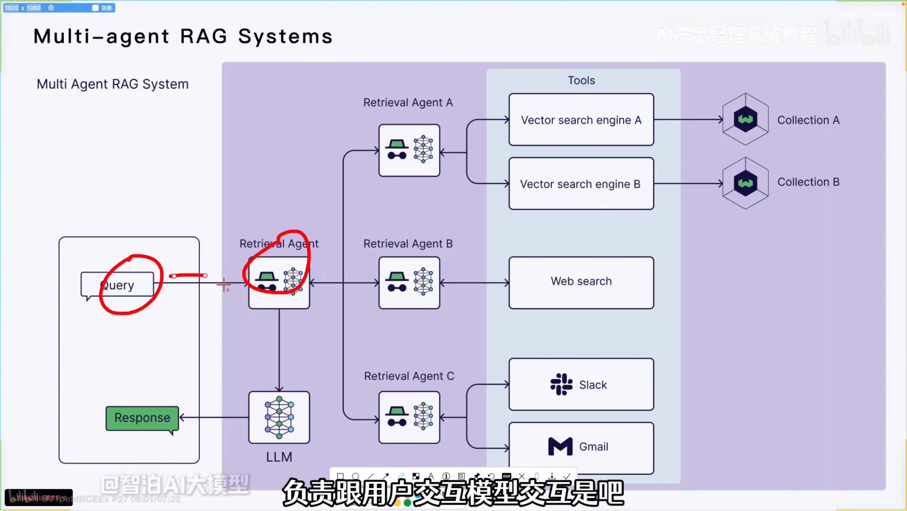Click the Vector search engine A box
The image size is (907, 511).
click(581, 120)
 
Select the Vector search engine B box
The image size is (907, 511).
click(581, 184)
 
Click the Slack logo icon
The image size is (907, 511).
click(561, 384)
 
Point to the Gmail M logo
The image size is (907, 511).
click(560, 446)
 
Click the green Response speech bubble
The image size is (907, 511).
click(142, 418)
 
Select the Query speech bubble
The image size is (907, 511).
click(118, 285)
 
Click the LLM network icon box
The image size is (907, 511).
click(279, 417)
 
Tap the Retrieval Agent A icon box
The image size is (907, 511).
click(409, 150)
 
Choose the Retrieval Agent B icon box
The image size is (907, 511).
click(409, 282)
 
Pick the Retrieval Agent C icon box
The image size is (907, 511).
click(409, 417)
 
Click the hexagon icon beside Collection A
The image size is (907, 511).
click(745, 119)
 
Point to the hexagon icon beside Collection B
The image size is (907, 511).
click(745, 183)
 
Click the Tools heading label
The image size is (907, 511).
click(581, 80)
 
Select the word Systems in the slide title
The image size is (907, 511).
click(286, 37)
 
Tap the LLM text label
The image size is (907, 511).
click(279, 457)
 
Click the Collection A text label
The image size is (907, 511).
click(808, 120)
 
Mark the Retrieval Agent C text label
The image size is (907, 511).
click(409, 376)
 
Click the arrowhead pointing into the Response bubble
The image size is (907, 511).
click(182, 417)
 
